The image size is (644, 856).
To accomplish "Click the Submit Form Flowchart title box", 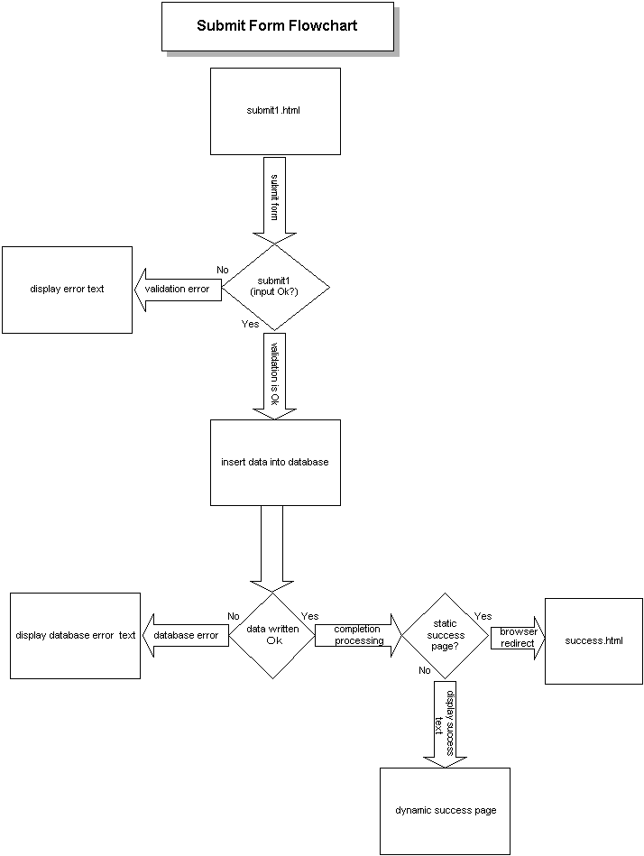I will click(x=277, y=26).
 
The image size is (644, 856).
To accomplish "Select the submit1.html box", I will click(x=275, y=112).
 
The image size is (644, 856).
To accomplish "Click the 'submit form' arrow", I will click(x=275, y=200).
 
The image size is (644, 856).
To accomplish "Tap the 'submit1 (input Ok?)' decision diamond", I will click(x=275, y=287).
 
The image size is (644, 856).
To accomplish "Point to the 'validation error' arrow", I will click(x=179, y=289).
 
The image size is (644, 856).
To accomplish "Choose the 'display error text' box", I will click(x=68, y=290).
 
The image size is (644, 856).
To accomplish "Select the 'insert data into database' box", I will click(x=275, y=462).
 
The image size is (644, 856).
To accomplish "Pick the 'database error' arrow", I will click(x=187, y=635).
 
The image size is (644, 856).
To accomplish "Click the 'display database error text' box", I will click(x=75, y=635).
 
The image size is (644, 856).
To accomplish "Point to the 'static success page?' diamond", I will click(x=446, y=635).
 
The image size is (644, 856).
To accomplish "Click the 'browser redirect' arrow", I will click(x=518, y=637).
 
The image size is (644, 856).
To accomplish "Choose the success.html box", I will click(x=593, y=640).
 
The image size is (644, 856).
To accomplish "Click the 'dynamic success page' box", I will click(x=445, y=810).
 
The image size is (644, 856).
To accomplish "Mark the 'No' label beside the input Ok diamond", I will click(x=223, y=270).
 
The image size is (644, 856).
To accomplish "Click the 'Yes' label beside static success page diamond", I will click(x=483, y=616).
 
